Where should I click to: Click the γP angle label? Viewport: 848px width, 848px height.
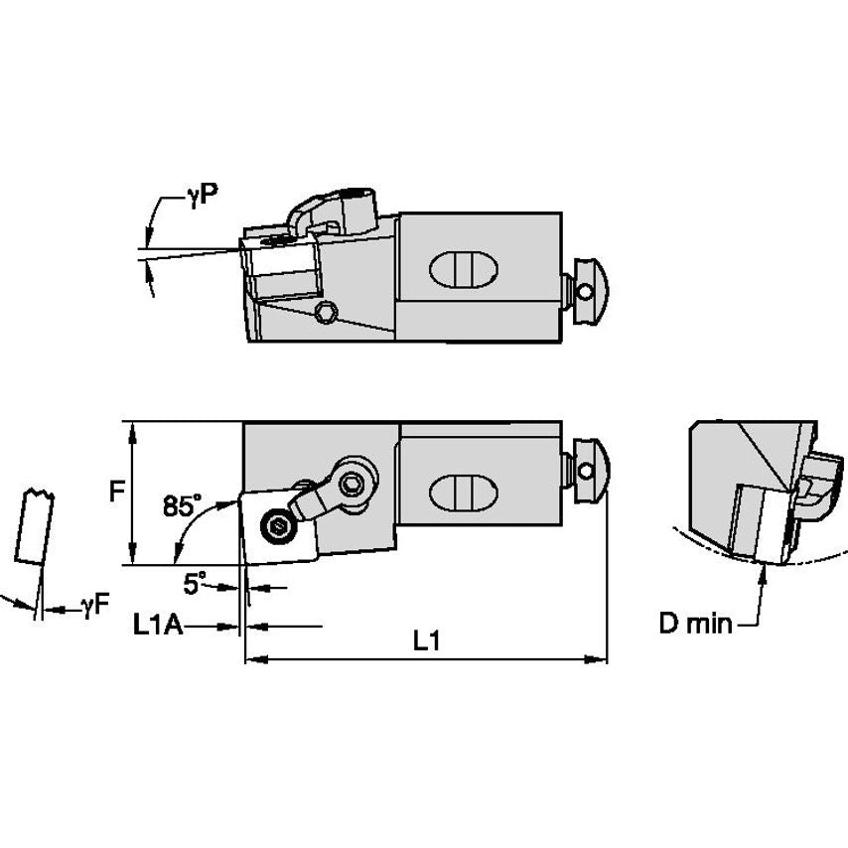click(x=202, y=196)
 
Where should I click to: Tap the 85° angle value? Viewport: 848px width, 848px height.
click(x=182, y=505)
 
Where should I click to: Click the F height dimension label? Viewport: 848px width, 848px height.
click(x=116, y=491)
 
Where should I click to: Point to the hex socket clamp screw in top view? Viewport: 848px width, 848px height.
click(x=351, y=484)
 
